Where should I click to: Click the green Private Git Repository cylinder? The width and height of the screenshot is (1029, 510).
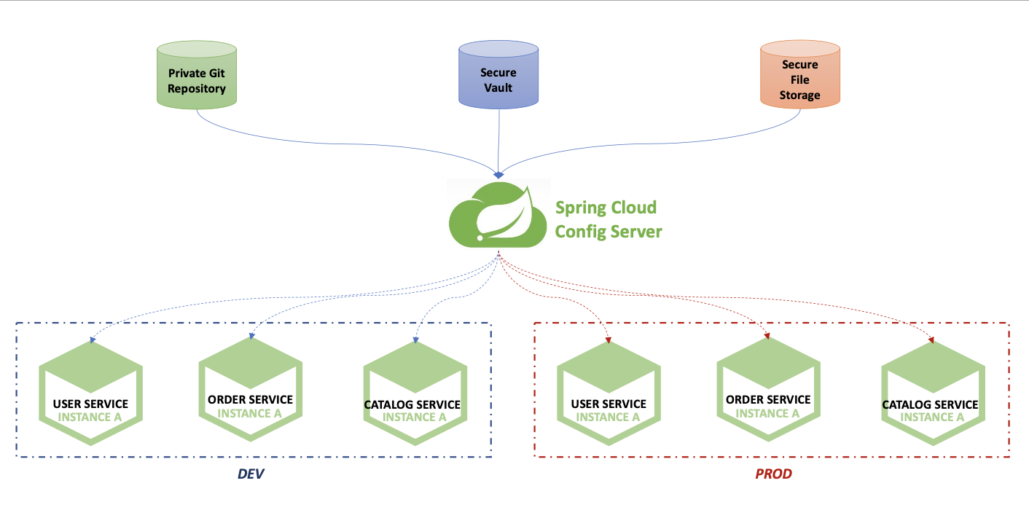[197, 77]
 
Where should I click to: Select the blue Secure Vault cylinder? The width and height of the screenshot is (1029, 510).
[498, 77]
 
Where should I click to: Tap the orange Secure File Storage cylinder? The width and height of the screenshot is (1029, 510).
[799, 77]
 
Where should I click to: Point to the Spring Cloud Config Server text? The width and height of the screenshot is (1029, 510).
[608, 219]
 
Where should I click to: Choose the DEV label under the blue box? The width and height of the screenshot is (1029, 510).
[251, 474]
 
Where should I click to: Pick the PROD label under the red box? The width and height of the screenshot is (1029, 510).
[773, 474]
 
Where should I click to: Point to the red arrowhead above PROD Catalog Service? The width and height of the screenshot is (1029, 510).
[932, 340]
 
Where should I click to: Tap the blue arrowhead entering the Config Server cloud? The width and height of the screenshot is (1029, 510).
[498, 175]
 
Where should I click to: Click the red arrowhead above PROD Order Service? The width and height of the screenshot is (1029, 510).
[767, 336]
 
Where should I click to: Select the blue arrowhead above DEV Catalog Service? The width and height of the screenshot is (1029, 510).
[415, 340]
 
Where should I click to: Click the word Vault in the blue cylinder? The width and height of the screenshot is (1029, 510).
[498, 88]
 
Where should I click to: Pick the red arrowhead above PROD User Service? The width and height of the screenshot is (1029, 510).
[608, 340]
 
